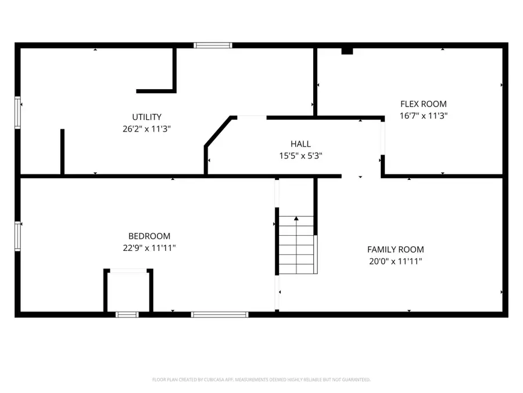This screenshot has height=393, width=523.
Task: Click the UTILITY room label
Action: tap(146, 117)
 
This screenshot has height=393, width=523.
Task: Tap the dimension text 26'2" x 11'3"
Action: tap(146, 129)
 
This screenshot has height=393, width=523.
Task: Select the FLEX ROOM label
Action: tap(423, 104)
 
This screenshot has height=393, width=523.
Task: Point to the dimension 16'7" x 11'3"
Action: tap(423, 116)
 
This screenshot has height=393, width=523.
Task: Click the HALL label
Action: tap(300, 144)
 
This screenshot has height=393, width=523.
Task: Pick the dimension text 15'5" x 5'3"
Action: tap(300, 155)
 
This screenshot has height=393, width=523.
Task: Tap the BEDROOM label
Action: tap(149, 236)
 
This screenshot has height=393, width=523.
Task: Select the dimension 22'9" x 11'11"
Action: tap(149, 248)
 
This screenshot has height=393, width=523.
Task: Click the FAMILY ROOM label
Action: tap(395, 250)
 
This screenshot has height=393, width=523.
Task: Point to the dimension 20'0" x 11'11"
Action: tap(395, 261)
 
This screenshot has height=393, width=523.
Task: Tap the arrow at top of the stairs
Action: tap(296, 219)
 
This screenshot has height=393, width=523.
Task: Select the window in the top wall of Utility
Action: tap(213, 45)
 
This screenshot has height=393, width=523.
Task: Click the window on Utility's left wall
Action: tap(17, 112)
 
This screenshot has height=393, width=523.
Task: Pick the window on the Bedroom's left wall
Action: tap(17, 236)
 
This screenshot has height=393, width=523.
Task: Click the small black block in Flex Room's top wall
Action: tap(347, 51)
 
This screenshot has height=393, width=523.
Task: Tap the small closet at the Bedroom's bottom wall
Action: tap(128, 291)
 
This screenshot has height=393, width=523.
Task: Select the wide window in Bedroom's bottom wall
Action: tap(220, 314)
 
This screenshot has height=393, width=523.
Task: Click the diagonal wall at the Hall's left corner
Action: tap(219, 132)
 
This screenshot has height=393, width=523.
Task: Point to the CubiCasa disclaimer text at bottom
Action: tap(261, 380)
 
